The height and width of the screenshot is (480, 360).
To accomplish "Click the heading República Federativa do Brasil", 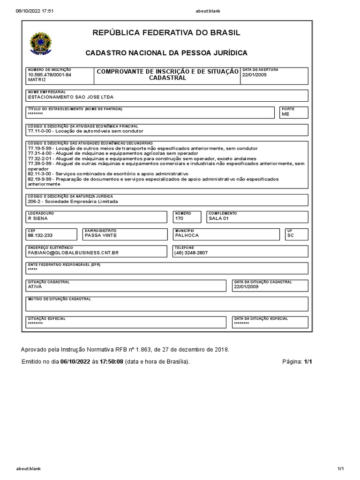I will point(166,33).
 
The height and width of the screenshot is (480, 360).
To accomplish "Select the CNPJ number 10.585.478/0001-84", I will point(50,75).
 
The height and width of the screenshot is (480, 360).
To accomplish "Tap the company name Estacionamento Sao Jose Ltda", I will point(71,97).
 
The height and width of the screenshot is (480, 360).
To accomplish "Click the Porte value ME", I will point(285,114).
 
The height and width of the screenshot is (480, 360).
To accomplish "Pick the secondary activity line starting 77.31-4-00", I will point(113,153).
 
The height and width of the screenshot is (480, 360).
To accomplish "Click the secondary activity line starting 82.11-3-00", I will point(111,173).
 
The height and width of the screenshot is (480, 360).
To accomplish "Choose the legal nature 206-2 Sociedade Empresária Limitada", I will point(73,202).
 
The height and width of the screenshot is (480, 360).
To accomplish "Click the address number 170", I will point(179,218).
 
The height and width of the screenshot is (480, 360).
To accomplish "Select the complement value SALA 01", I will point(218,218).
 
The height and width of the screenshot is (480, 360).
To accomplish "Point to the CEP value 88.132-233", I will point(40,236).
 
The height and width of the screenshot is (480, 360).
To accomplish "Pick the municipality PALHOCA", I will point(187,236).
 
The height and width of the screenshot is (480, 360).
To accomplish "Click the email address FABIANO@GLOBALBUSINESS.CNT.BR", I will point(73,253).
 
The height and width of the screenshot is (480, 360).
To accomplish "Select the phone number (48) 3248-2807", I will point(191,253).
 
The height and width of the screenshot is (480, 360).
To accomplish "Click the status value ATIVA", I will point(35,286).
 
